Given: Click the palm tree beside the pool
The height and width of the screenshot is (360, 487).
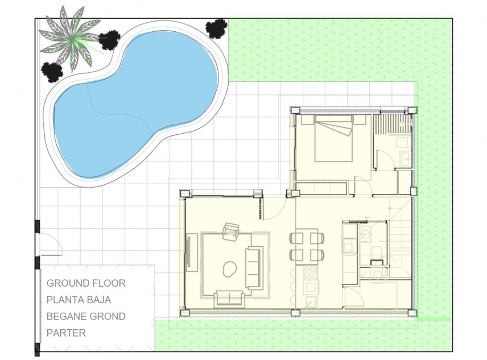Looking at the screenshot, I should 70,35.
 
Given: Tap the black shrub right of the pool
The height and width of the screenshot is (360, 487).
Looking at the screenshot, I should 216,28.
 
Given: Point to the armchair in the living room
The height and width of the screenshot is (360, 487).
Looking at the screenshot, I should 231,231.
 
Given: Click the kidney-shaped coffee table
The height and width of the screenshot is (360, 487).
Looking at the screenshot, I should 230,269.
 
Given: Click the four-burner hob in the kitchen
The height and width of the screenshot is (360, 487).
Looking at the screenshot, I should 311,272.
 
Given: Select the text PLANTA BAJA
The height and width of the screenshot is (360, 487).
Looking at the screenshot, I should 79,300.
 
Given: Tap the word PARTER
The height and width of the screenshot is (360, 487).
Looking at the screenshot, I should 66,333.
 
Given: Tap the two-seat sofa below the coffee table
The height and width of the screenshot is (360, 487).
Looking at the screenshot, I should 229,297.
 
